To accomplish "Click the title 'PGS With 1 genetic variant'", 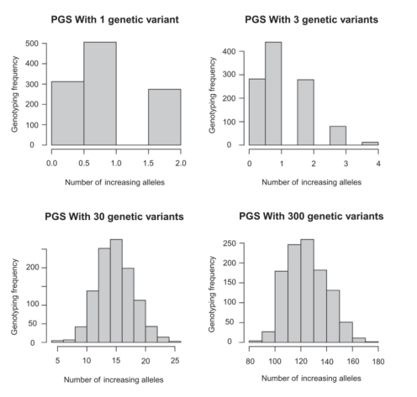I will click(115, 18).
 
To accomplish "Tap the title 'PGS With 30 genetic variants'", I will click(114, 216).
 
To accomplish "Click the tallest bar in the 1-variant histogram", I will click(100, 93).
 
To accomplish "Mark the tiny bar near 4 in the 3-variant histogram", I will click(370, 144).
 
